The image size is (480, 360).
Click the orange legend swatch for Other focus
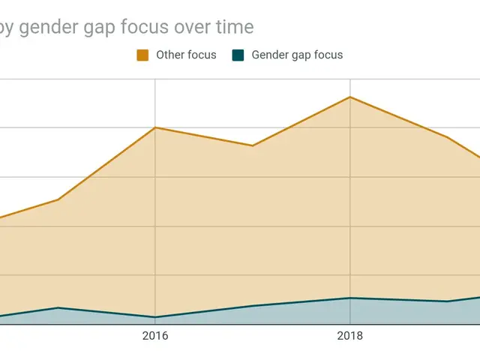(142, 55)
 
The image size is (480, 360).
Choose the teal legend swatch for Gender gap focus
(238, 55)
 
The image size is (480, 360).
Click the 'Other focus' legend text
(186, 55)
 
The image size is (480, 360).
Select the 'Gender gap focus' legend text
(297, 55)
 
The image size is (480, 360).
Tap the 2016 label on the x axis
(155, 336)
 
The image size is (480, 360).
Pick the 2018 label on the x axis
(349, 336)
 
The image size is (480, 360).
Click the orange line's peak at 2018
(349, 97)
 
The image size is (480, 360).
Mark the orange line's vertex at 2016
(155, 127)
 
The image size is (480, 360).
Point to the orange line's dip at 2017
(253, 145)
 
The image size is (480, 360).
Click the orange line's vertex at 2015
(58, 199)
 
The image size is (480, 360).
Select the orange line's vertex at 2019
(447, 136)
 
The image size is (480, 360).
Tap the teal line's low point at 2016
(155, 317)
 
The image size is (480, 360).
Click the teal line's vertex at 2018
(349, 298)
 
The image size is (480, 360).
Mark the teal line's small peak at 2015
(58, 307)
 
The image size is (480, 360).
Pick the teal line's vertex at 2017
(253, 306)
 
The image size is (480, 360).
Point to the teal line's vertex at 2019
(447, 301)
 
